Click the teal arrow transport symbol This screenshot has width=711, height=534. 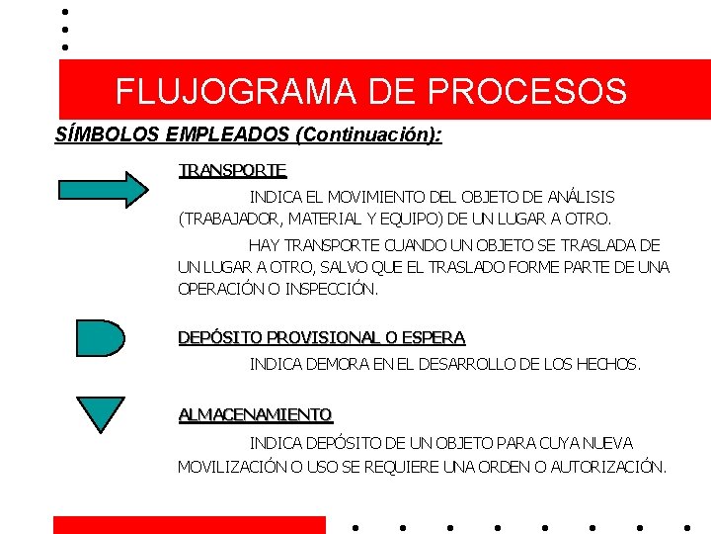point(103,188)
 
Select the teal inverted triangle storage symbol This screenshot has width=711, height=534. point(101,412)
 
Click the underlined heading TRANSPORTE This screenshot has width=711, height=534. point(233,171)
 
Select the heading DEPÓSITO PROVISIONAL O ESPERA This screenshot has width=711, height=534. point(321,338)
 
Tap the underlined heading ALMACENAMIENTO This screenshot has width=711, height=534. point(256,414)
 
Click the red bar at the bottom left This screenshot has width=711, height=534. point(189,525)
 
